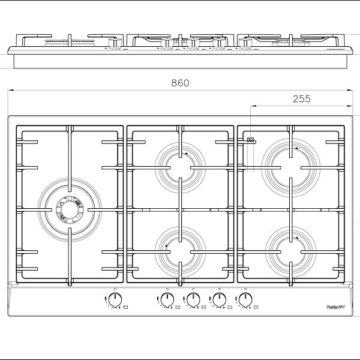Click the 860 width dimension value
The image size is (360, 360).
(x=180, y=83)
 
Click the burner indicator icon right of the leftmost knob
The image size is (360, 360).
(x=124, y=307)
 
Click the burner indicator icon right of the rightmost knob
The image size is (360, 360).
(x=256, y=307)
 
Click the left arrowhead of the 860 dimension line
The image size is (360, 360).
(x=10, y=91)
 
